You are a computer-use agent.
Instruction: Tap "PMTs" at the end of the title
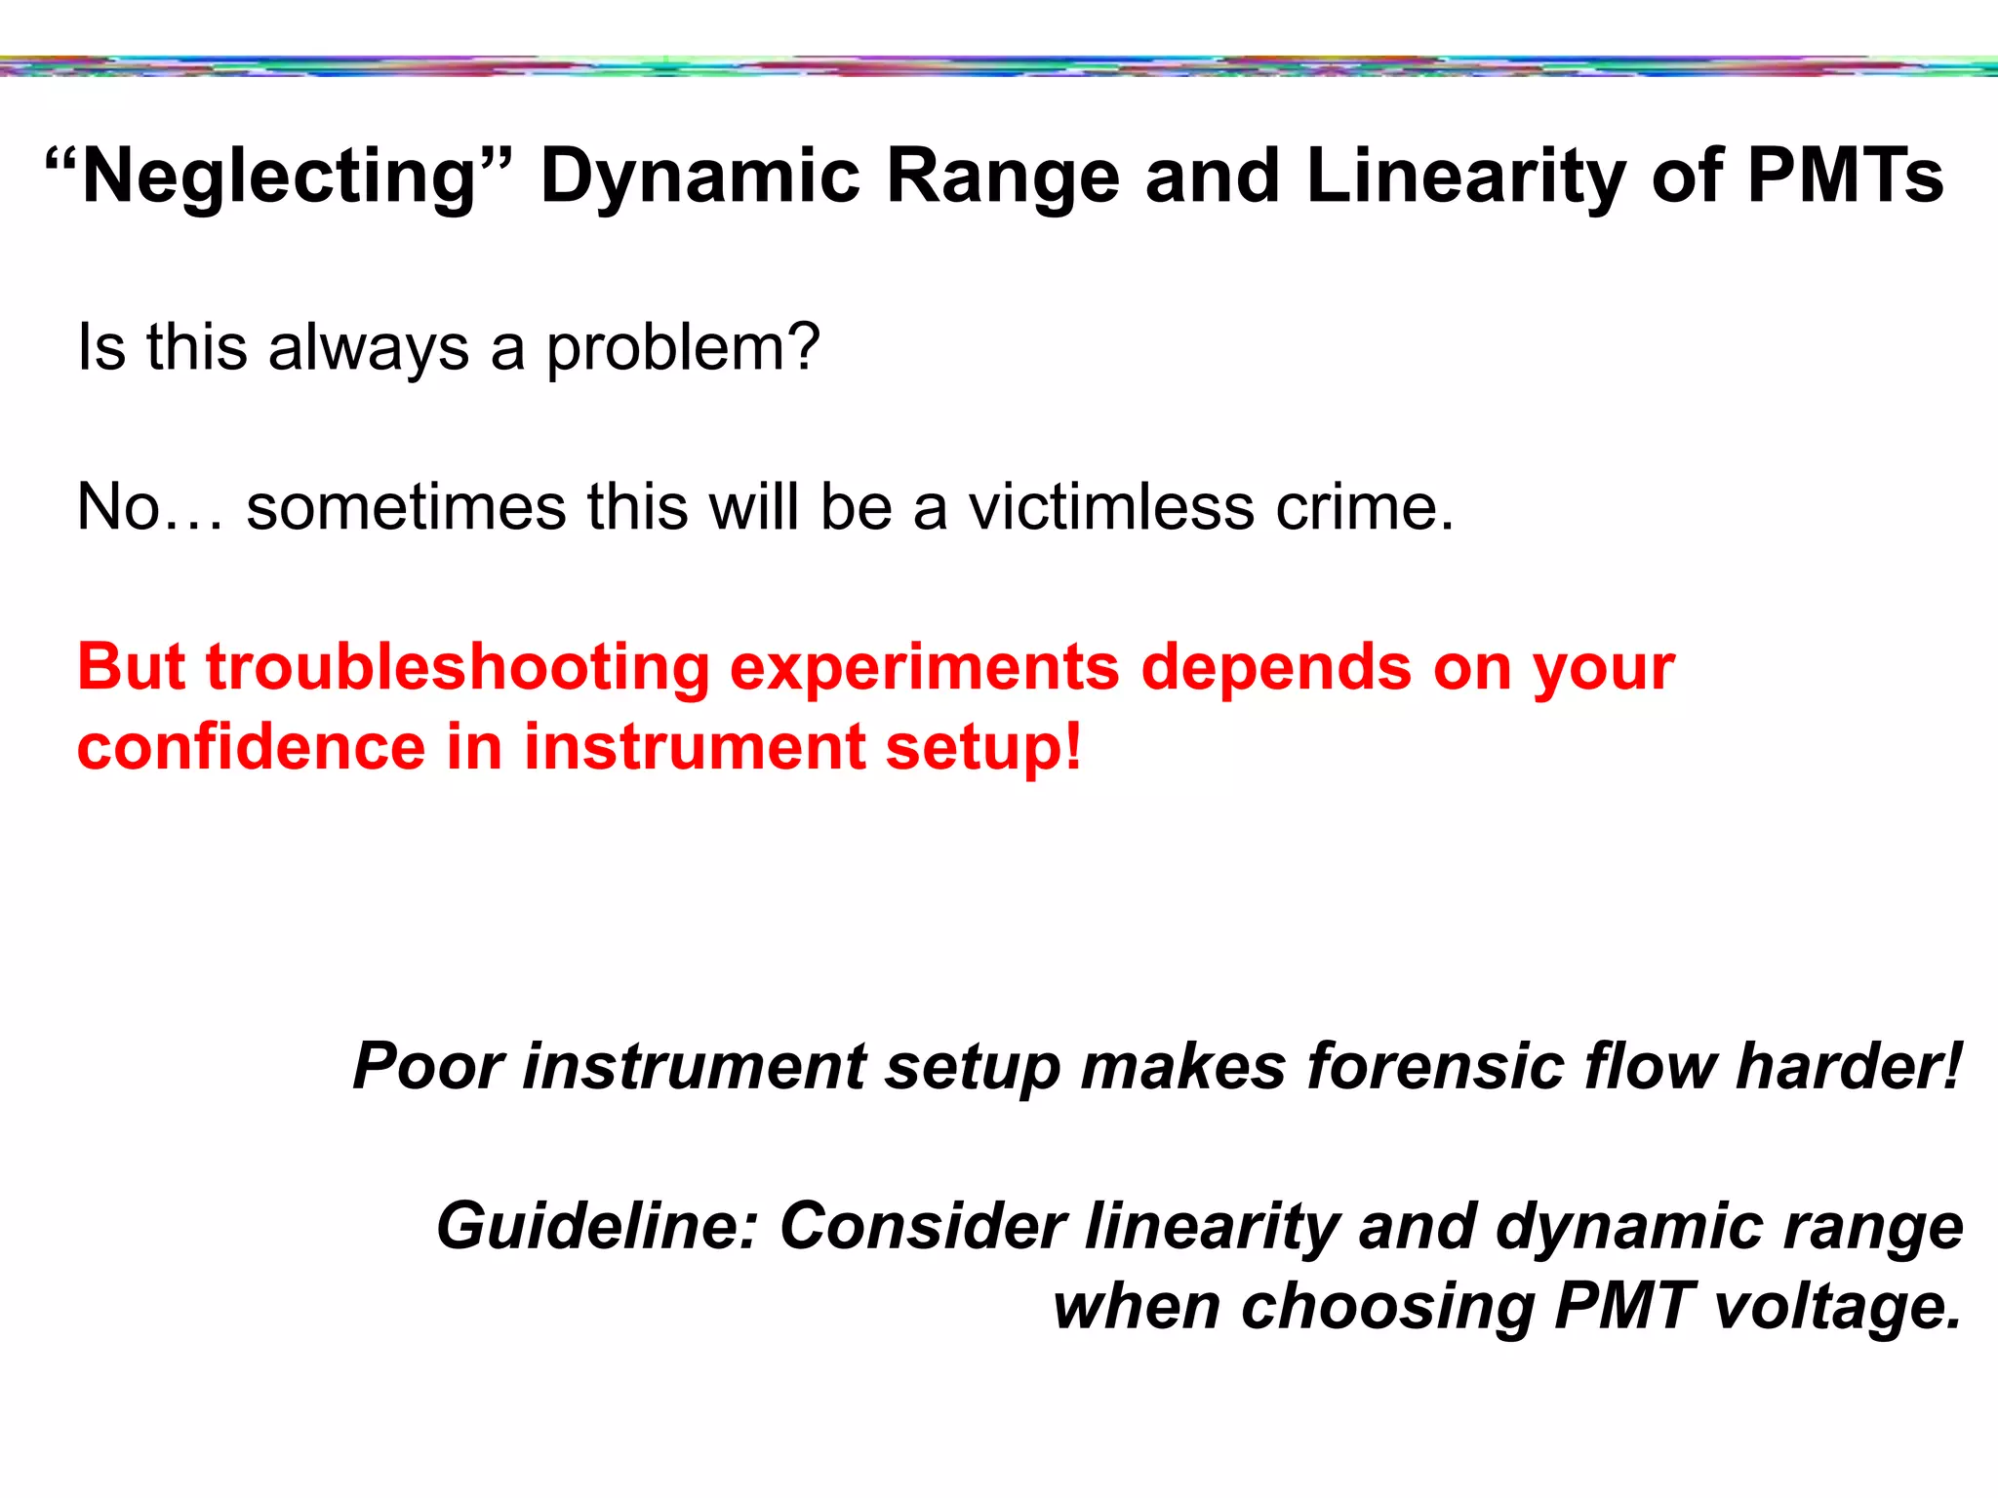1845,177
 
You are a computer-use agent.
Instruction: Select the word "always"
368,348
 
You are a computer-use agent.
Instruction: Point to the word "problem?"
682,348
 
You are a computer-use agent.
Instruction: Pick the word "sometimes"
406,507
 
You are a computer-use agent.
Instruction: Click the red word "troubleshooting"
458,670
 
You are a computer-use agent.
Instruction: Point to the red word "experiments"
924,670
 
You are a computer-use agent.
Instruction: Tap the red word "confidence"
252,748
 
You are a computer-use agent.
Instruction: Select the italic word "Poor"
428,1066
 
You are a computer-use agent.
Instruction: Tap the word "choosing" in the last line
1387,1308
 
